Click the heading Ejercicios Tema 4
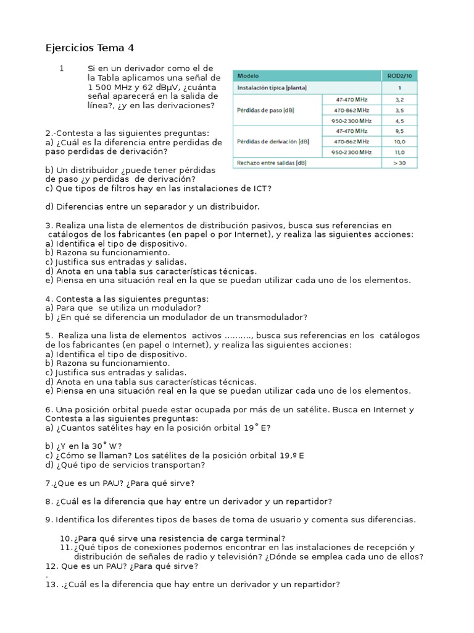click(89, 48)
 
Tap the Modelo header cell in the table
click(249, 75)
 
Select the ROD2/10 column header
click(399, 75)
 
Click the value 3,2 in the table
click(399, 98)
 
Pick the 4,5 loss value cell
click(399, 120)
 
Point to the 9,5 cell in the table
click(399, 131)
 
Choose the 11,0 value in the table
click(399, 152)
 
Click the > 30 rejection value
click(399, 163)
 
